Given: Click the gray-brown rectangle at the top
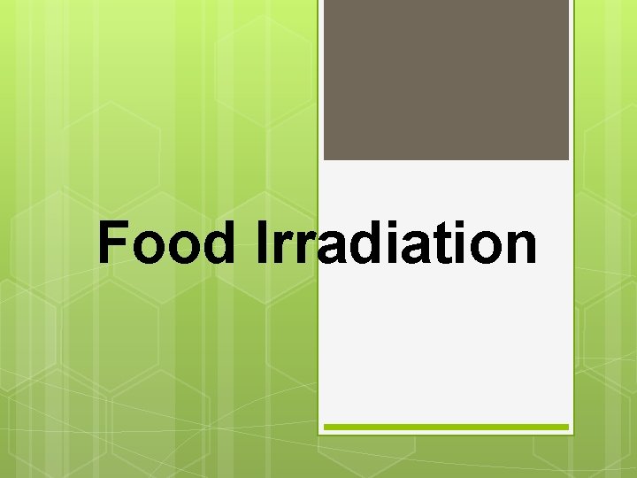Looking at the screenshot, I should pyautogui.click(x=446, y=80).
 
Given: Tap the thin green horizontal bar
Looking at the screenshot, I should pyautogui.click(x=446, y=427).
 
